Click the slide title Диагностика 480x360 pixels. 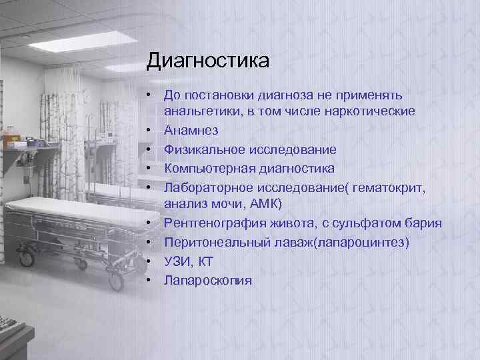click(x=207, y=62)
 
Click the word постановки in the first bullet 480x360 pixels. click(x=223, y=96)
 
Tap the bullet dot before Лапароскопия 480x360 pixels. click(x=153, y=280)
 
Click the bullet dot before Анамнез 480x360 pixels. click(x=153, y=129)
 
